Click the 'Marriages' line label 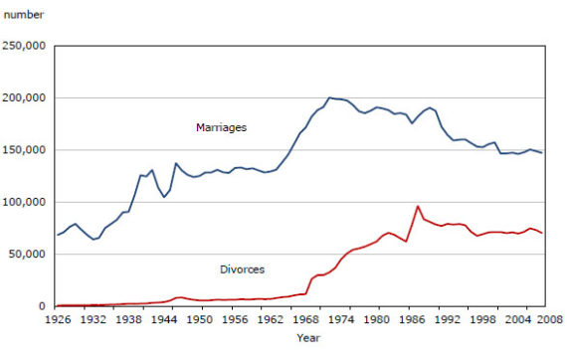220,127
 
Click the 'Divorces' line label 242,270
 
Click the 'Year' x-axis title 308,339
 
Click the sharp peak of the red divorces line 418,206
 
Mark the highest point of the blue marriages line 329,97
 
